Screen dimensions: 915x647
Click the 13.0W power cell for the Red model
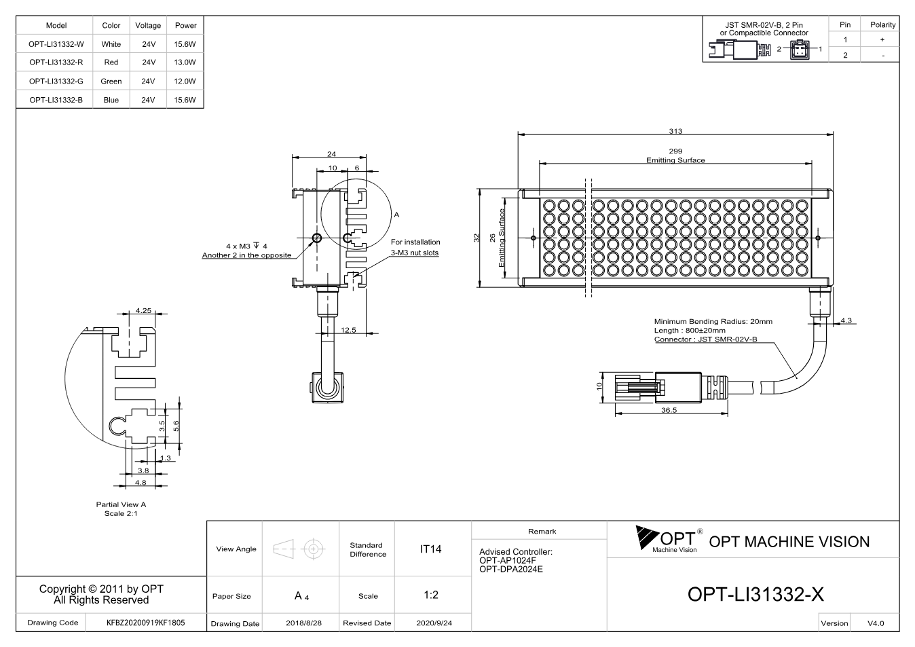click(185, 62)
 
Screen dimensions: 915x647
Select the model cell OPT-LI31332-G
click(56, 81)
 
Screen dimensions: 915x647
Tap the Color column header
click(111, 25)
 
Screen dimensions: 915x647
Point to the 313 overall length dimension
click(675, 131)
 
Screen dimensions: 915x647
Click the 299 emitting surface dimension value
click(675, 151)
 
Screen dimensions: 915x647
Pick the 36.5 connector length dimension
click(669, 410)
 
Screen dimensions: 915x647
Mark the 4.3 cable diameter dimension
click(846, 320)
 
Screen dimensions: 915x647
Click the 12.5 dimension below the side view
click(348, 330)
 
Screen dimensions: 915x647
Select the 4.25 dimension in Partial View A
click(143, 310)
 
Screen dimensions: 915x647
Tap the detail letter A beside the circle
click(396, 215)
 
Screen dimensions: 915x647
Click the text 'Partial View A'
click(121, 504)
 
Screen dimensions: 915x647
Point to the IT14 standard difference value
click(430, 549)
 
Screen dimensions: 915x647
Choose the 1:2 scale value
click(431, 595)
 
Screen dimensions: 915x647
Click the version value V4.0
click(876, 623)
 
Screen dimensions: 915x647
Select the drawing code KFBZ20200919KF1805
click(146, 623)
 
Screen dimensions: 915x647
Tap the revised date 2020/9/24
click(434, 623)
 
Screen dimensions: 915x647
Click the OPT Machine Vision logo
click(669, 540)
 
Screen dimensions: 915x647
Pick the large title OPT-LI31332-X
click(755, 594)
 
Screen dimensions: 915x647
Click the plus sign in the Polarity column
click(882, 39)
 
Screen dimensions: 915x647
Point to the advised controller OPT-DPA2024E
click(511, 570)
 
